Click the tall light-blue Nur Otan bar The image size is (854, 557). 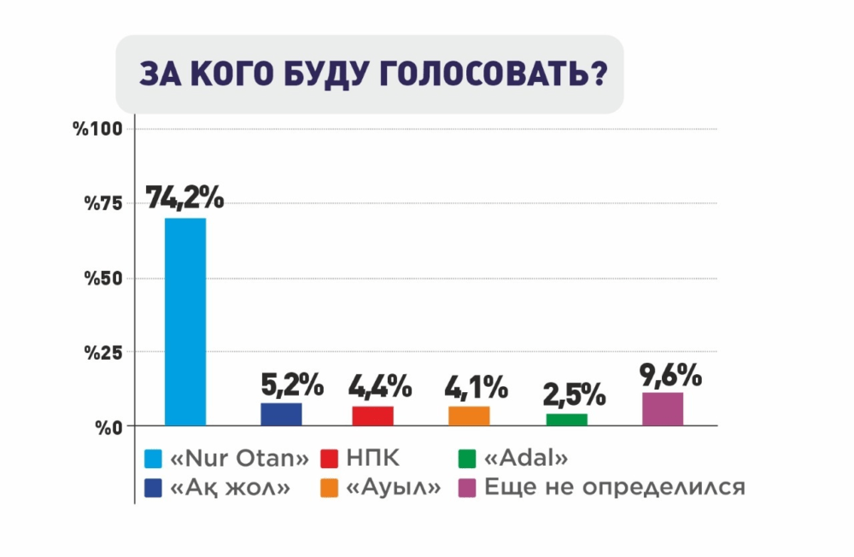pos(185,321)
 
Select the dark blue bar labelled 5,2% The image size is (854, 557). pos(281,414)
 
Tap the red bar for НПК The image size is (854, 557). pos(372,416)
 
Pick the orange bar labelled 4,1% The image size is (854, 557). pos(469,416)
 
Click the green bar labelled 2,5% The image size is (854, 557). pos(567,419)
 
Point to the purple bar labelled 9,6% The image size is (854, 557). pos(663,408)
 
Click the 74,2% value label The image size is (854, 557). pos(184,197)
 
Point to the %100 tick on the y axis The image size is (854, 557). pos(99,129)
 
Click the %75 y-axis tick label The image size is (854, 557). pos(103,202)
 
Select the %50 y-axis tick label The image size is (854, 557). pos(103,278)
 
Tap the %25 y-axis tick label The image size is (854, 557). pos(103,352)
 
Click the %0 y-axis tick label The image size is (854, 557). pos(108,426)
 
